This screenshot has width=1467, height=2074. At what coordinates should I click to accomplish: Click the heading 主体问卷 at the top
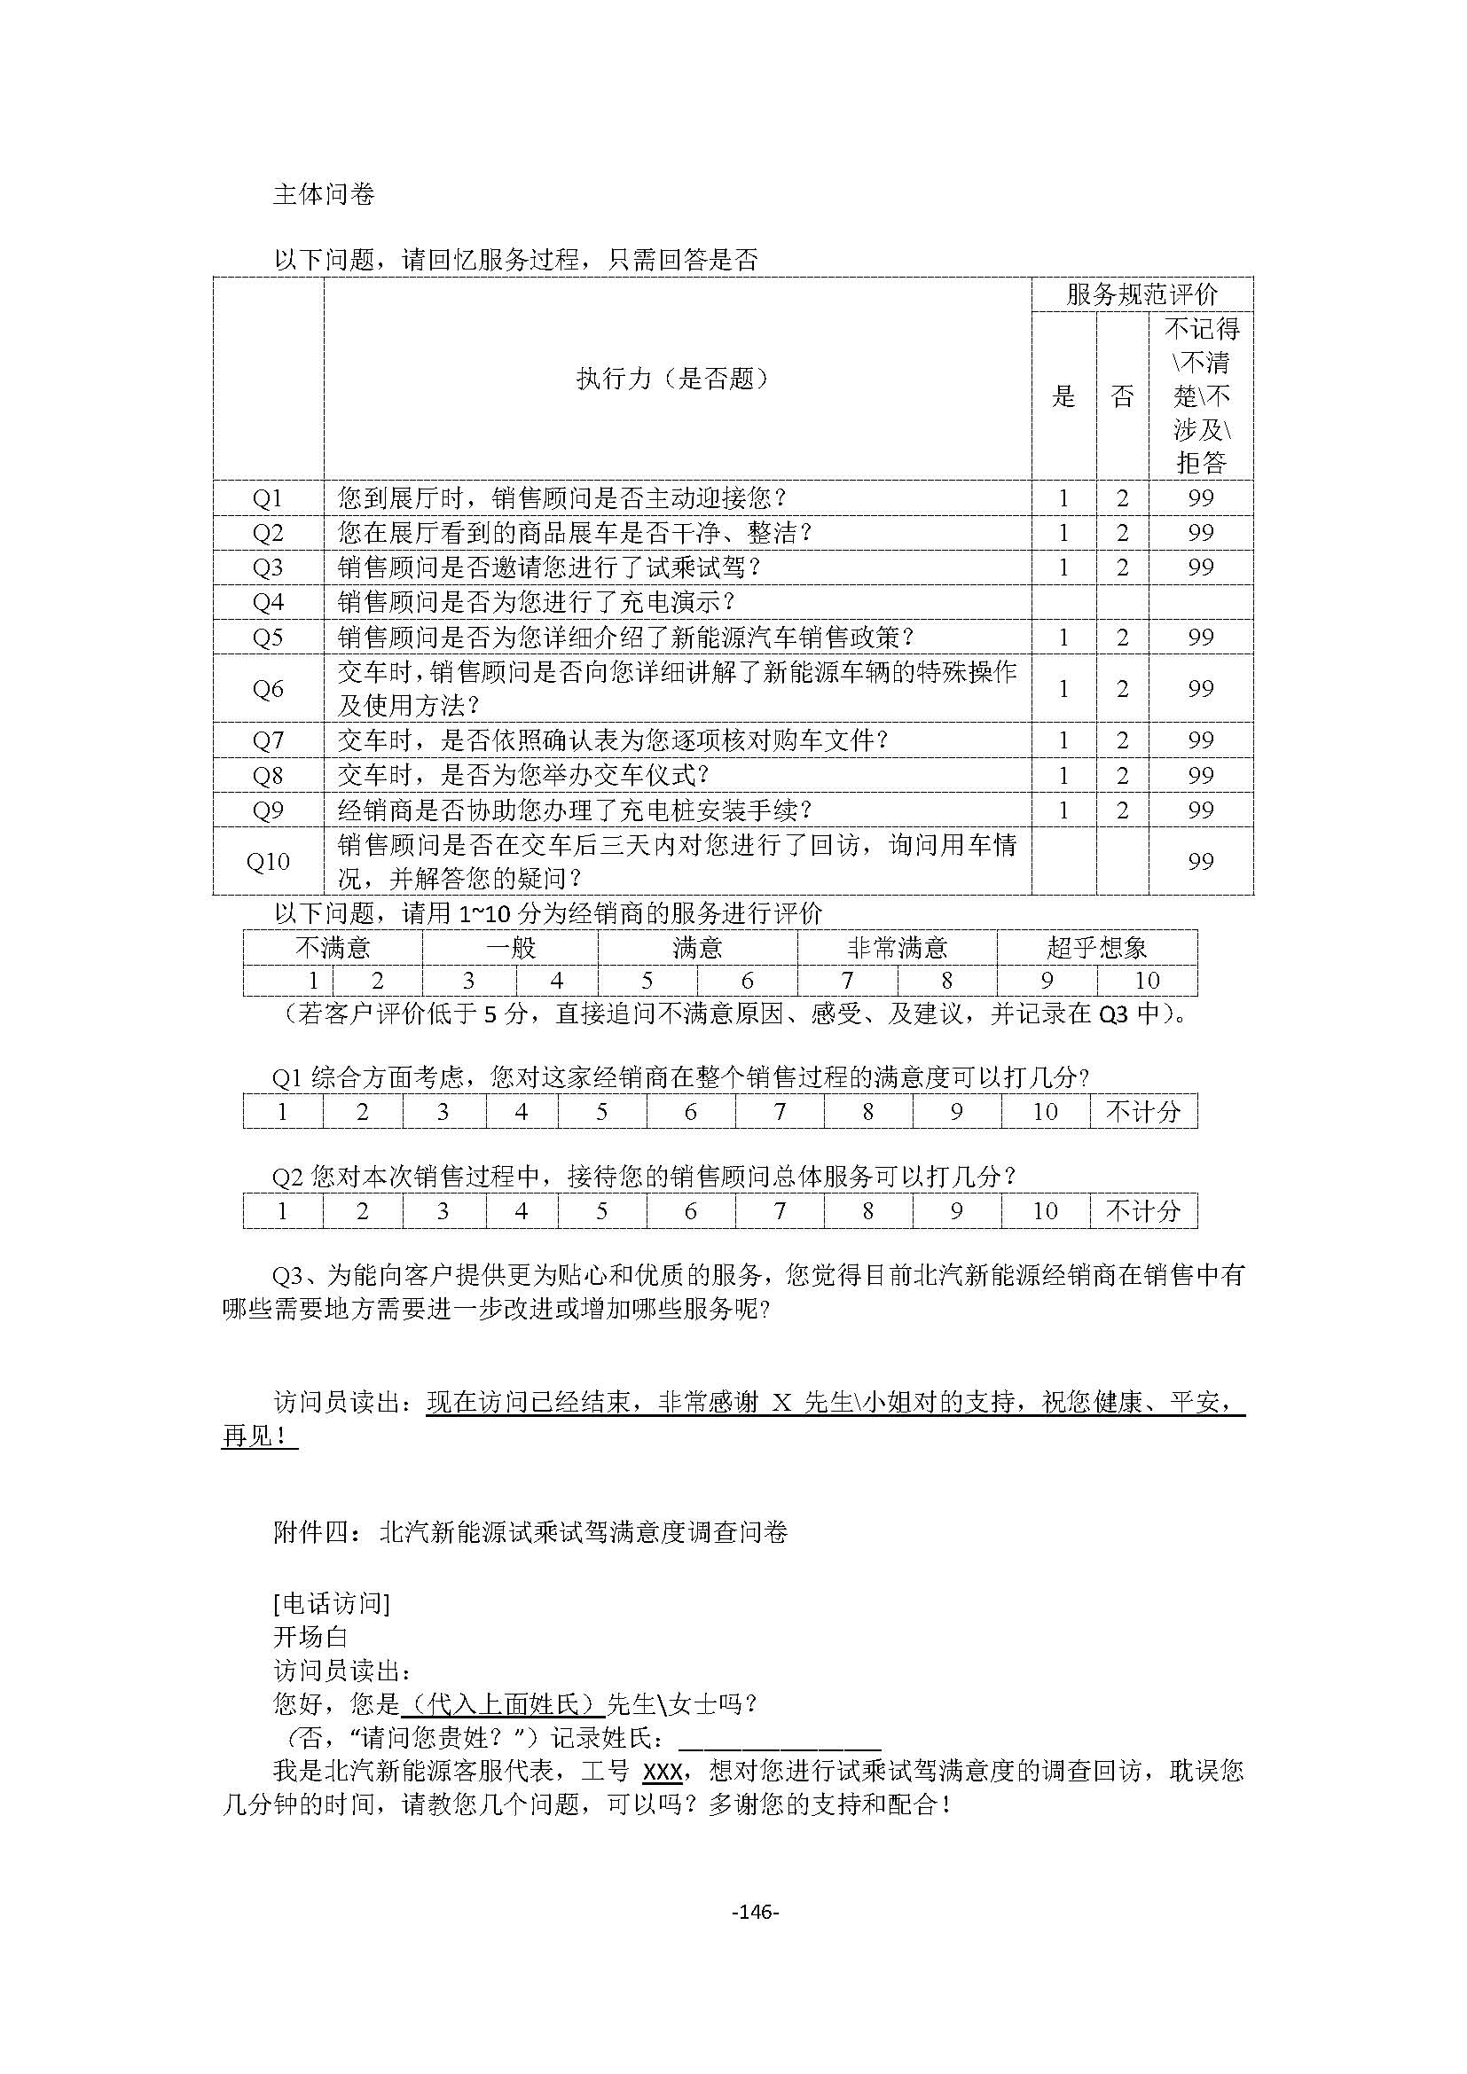(324, 194)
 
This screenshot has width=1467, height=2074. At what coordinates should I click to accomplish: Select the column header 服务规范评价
(1141, 294)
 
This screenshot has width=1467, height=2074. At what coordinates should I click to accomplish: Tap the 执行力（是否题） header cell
(677, 379)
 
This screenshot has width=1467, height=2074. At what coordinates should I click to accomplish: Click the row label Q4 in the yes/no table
(268, 602)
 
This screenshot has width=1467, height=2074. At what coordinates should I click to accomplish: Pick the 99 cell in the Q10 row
(1201, 861)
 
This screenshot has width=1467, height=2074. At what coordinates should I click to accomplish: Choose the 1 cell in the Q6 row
(1063, 688)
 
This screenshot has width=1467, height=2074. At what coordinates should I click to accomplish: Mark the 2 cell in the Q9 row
(1122, 810)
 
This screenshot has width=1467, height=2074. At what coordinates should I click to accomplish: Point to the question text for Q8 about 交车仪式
(524, 775)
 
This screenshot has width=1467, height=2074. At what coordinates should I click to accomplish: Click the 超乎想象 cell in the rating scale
(1096, 948)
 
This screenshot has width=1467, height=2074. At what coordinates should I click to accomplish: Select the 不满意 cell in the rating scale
(333, 948)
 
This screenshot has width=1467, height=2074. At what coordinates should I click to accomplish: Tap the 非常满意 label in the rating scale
(897, 948)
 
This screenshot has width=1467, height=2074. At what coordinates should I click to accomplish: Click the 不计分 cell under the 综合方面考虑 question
(1143, 1111)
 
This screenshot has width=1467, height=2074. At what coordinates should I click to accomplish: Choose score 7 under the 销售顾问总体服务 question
(780, 1210)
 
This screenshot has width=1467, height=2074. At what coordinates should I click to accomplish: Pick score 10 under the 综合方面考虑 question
(1045, 1111)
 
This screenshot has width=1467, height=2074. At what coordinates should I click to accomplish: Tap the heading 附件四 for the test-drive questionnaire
(530, 1532)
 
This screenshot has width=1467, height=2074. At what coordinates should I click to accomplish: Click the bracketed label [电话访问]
(332, 1603)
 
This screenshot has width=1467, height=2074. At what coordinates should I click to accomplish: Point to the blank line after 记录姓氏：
(780, 1739)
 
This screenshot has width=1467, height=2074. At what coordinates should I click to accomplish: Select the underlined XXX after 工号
(663, 1772)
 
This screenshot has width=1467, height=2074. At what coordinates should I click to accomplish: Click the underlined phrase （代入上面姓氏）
(502, 1704)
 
